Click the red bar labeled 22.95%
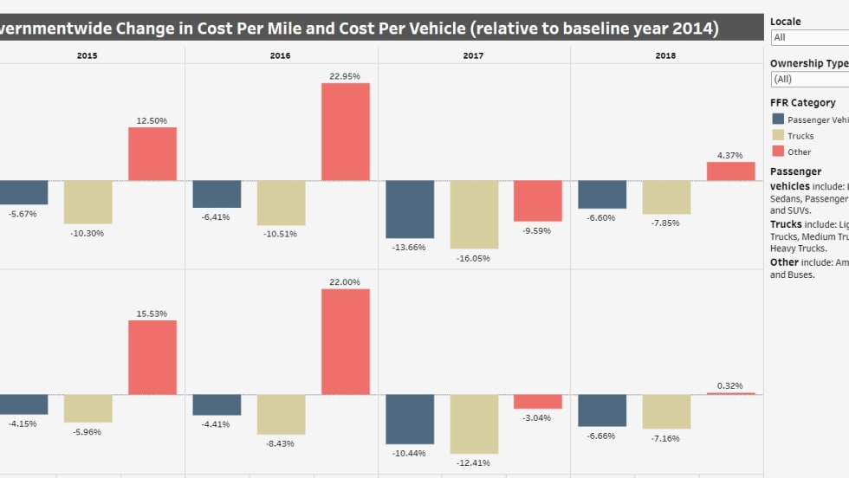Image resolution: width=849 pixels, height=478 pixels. (346, 132)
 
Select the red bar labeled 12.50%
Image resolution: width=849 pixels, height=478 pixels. (152, 154)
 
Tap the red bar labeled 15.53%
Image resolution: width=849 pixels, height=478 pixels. (152, 358)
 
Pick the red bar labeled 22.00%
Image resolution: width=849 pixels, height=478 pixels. (346, 341)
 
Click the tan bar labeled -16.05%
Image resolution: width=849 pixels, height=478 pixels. (474, 215)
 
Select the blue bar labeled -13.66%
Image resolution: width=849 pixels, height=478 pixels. (410, 209)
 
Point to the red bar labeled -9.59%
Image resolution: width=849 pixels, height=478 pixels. (538, 201)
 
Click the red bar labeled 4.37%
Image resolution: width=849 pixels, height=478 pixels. (730, 171)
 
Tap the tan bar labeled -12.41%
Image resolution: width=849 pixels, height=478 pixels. (474, 423)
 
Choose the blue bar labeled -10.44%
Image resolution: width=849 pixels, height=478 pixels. (410, 419)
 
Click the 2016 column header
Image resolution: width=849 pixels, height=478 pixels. (280, 55)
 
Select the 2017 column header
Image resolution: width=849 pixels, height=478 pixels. (473, 55)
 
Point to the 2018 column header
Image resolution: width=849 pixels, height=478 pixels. (665, 55)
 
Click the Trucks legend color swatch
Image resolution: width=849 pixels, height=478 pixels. (778, 135)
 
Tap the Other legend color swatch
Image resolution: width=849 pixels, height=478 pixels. (778, 152)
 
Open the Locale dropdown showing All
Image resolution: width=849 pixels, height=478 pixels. (809, 37)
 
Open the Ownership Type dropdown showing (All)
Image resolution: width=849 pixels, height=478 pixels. (809, 79)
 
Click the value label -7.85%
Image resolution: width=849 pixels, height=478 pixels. (666, 223)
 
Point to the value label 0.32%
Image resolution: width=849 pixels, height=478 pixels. (730, 385)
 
